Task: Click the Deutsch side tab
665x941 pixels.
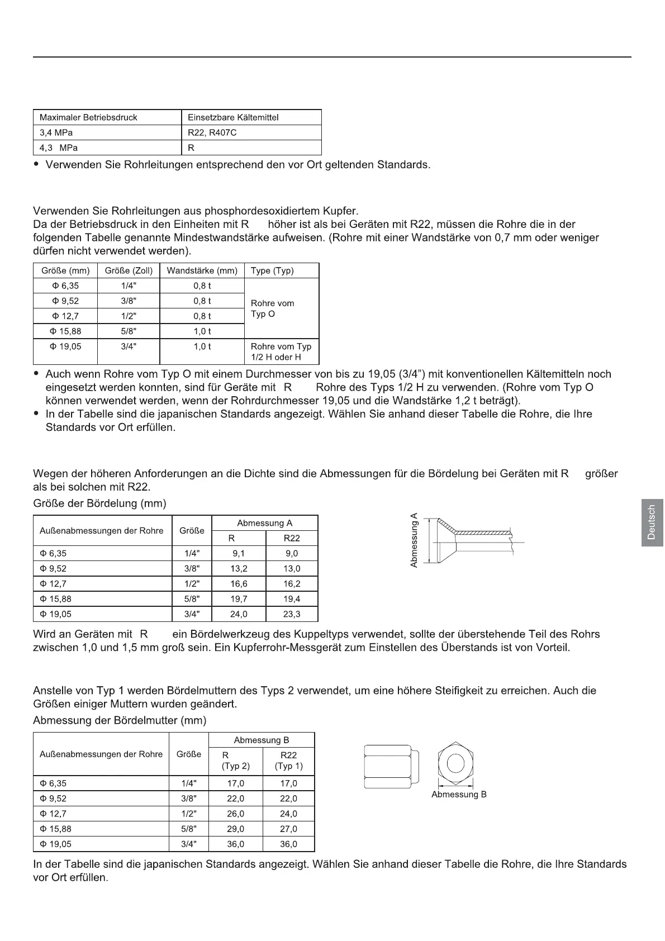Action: coord(652,522)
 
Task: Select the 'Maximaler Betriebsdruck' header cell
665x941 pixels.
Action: coord(88,117)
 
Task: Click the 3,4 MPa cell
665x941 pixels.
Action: coord(56,132)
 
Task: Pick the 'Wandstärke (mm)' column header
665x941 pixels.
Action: coord(202,270)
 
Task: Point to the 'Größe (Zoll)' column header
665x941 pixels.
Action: coord(129,270)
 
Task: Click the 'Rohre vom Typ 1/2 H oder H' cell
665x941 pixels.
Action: coord(281,351)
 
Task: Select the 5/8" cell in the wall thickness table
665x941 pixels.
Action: coord(129,331)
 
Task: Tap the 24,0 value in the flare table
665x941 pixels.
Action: coord(239,614)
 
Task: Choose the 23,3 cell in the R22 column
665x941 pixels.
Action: coord(292,614)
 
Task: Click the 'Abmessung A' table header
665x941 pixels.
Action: coord(264,523)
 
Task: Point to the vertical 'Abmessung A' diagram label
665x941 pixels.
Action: coord(414,540)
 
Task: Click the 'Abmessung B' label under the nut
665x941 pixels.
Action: coord(459,794)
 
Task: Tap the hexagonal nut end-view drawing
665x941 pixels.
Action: coord(455,764)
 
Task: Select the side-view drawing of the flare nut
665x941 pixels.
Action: coord(391,766)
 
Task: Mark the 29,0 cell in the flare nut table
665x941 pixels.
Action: coord(235,829)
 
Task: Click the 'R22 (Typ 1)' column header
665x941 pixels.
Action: coord(288,761)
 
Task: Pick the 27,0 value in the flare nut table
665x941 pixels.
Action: coord(288,829)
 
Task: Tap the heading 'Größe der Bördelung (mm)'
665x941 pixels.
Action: coord(99,503)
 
